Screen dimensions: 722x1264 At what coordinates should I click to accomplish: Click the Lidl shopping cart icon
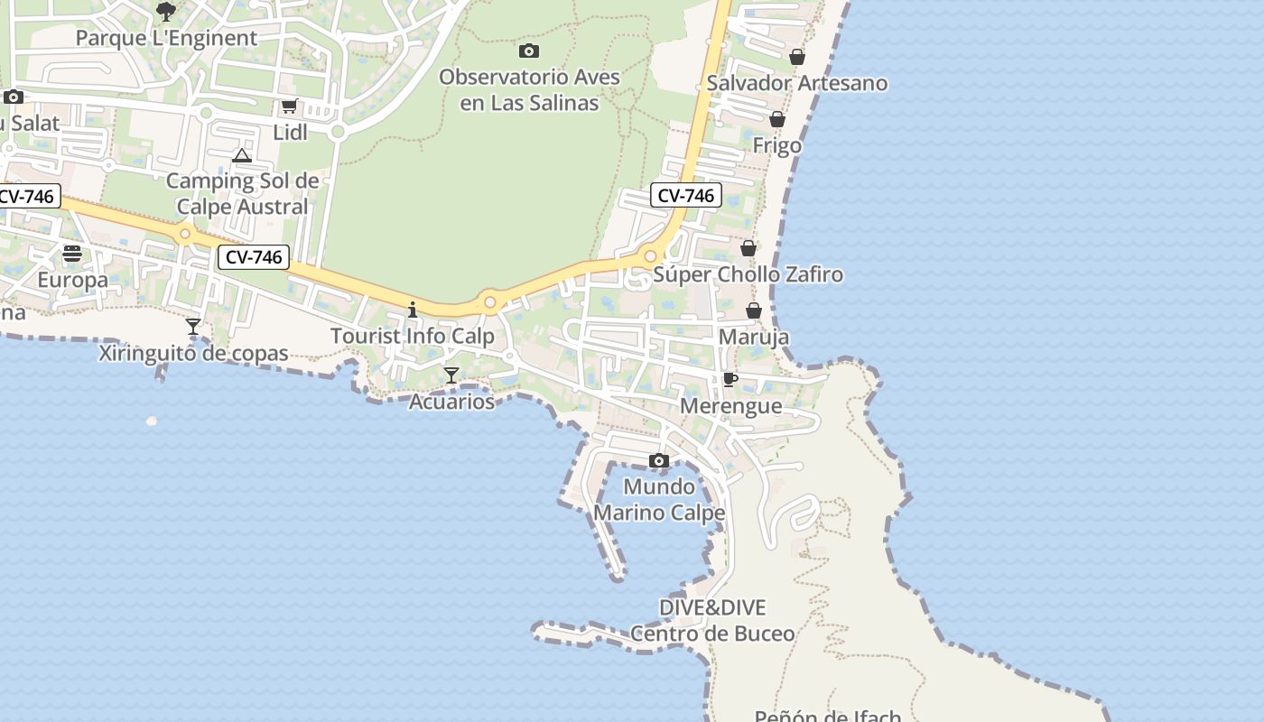289,106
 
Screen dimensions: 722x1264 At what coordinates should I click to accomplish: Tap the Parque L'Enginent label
166,38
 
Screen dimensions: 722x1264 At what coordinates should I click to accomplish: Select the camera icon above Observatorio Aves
529,51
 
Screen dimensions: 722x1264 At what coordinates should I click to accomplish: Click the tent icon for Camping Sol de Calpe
241,156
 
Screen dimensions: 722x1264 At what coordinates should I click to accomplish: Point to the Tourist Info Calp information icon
413,310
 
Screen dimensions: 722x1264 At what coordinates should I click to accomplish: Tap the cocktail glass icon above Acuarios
451,375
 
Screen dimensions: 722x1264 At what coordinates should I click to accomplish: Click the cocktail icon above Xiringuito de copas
193,326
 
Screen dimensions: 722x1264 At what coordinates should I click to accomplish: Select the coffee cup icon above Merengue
730,379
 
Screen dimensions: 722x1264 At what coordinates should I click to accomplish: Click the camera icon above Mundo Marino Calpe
659,461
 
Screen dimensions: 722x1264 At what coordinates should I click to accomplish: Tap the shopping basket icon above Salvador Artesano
797,57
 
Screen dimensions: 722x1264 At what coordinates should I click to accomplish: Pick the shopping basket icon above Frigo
776,119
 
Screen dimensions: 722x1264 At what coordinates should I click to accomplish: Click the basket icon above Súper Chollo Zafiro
748,248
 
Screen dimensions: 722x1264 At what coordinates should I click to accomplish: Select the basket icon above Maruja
754,311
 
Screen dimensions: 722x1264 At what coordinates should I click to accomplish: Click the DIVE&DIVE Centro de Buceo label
712,620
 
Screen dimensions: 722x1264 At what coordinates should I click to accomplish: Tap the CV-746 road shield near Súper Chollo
686,195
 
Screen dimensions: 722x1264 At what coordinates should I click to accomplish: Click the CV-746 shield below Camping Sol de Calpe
254,257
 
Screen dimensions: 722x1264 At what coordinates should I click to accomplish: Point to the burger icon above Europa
72,254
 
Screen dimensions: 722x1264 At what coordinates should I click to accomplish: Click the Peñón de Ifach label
827,716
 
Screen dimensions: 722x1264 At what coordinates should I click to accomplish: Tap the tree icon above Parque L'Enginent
166,11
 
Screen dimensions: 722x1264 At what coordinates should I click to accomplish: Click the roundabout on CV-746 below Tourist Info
490,302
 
